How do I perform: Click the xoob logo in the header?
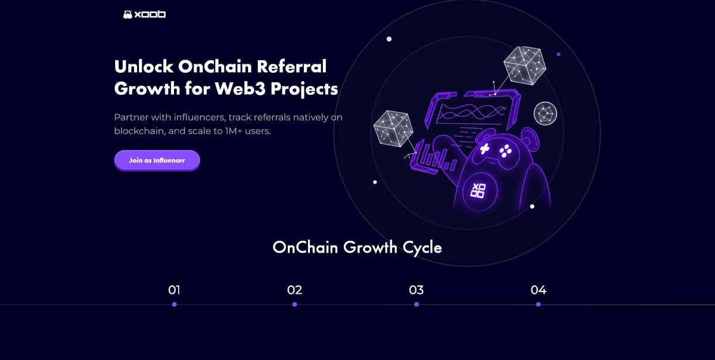pyautogui.click(x=144, y=14)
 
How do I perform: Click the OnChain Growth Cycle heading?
pyautogui.click(x=357, y=247)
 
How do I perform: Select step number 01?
pyautogui.click(x=174, y=290)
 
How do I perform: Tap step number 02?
pyautogui.click(x=294, y=290)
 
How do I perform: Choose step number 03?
pyautogui.click(x=416, y=290)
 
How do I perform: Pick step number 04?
pyautogui.click(x=538, y=290)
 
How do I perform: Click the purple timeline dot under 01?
pyautogui.click(x=174, y=304)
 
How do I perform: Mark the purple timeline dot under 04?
pyautogui.click(x=538, y=304)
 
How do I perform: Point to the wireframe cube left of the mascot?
pyautogui.click(x=393, y=129)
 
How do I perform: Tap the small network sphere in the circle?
pyautogui.click(x=545, y=113)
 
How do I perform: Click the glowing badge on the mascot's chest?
pyautogui.click(x=478, y=191)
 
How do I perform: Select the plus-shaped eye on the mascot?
pyautogui.click(x=485, y=149)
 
